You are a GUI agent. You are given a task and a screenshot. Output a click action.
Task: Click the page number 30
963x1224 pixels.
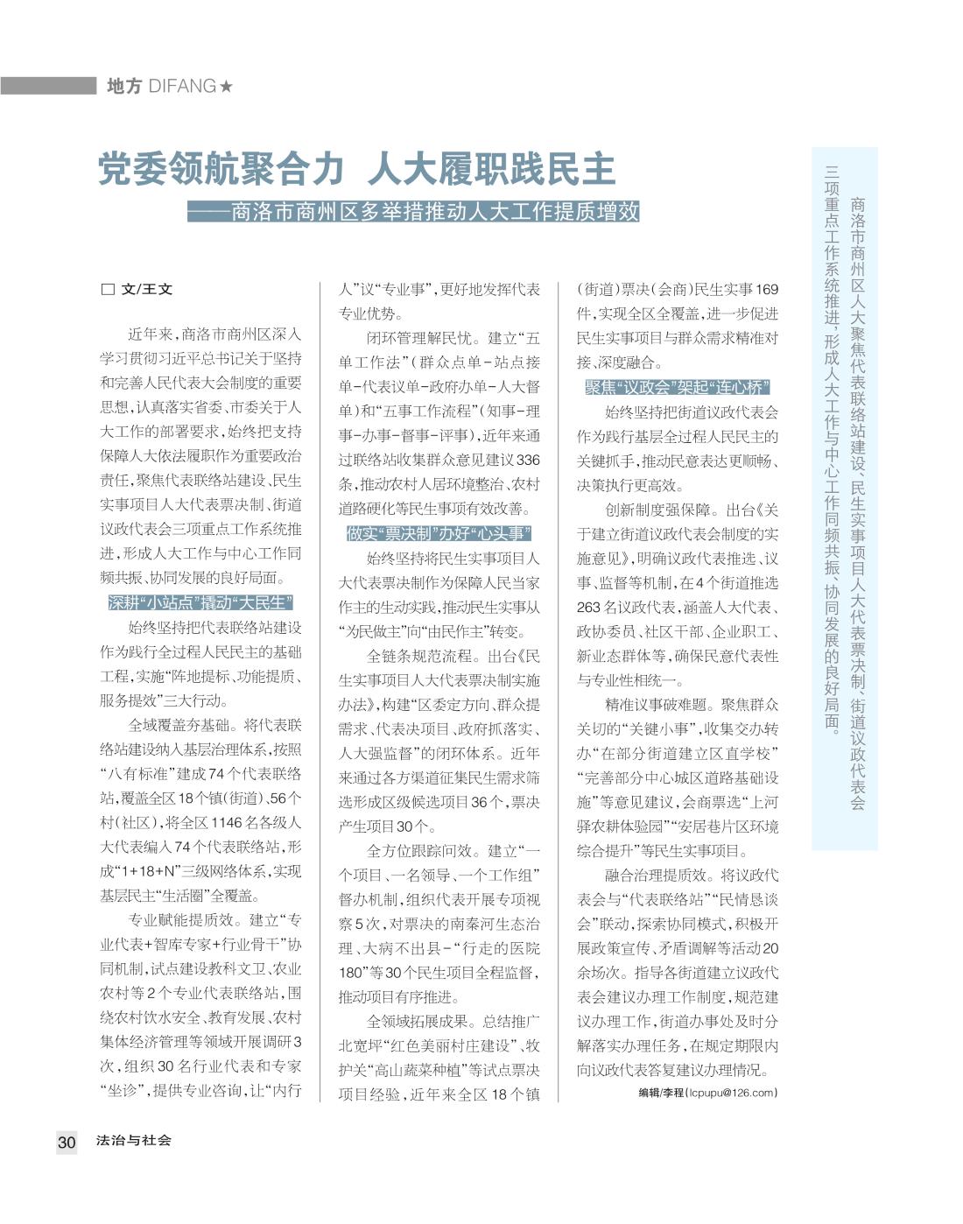tap(67, 1142)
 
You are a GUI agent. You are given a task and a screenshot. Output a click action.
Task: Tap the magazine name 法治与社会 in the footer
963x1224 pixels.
tap(134, 1140)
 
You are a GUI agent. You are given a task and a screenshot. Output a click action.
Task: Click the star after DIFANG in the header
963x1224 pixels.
tap(227, 86)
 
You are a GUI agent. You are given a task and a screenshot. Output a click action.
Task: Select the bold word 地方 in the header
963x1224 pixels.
tap(123, 86)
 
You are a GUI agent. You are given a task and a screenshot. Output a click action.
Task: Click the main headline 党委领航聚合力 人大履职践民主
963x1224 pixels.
tap(358, 169)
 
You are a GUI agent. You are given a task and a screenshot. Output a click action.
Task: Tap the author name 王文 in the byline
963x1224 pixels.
tap(158, 289)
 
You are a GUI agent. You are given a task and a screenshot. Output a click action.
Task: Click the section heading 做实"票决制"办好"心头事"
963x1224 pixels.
tap(439, 533)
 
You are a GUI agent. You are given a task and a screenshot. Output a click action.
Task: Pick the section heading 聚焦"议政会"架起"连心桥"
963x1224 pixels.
tap(678, 387)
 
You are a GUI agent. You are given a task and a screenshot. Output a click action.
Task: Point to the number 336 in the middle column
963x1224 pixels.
tap(528, 460)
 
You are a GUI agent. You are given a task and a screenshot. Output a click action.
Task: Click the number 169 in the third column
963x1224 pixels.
tap(766, 289)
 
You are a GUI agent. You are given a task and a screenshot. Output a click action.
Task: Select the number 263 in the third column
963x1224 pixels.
tap(588, 607)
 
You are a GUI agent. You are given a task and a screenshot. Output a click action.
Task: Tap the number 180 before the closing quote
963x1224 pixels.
tap(352, 972)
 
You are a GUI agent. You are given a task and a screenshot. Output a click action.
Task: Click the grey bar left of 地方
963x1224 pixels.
tap(48, 86)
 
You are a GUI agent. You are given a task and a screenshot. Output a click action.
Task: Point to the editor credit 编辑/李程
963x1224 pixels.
tap(663, 1092)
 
